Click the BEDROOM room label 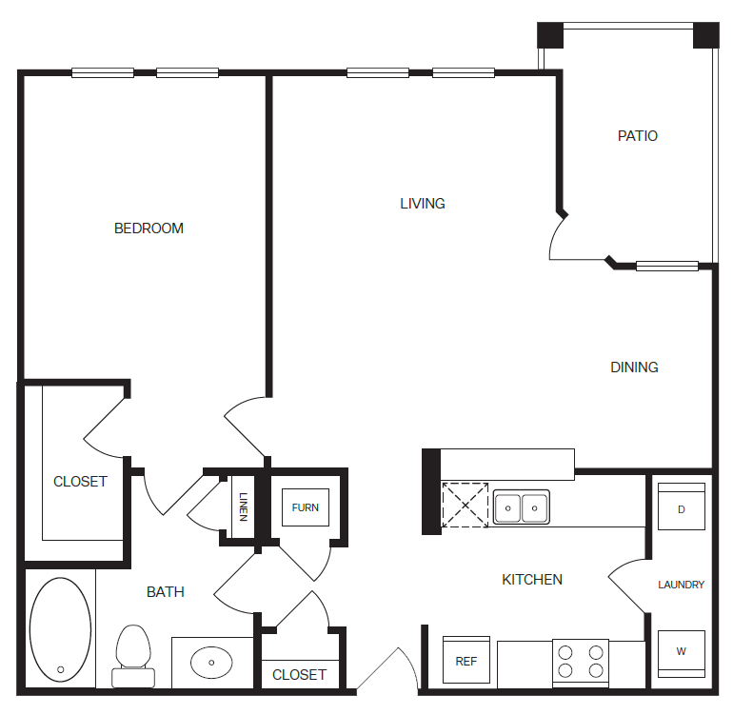(149, 228)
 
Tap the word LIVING (423, 204)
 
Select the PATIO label (638, 135)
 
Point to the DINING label (634, 367)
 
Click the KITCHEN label (532, 580)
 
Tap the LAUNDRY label (681, 585)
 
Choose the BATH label (166, 592)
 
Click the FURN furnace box (306, 507)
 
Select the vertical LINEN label (243, 506)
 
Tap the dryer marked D (681, 506)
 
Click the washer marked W (681, 654)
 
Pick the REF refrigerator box (466, 660)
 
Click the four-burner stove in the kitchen (581, 663)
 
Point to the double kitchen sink (522, 507)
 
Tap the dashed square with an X (466, 505)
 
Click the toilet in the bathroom (133, 656)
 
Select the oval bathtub (60, 629)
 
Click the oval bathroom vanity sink (211, 662)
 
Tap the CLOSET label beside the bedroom (80, 482)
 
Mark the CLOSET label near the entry (299, 675)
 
